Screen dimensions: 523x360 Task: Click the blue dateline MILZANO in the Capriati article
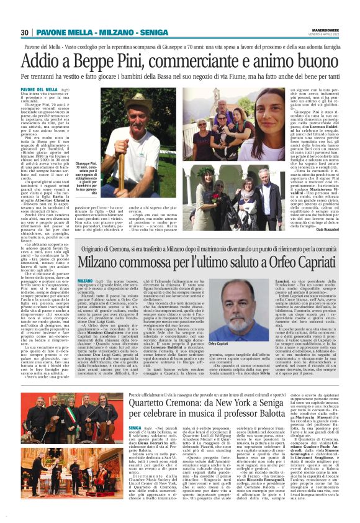85,282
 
